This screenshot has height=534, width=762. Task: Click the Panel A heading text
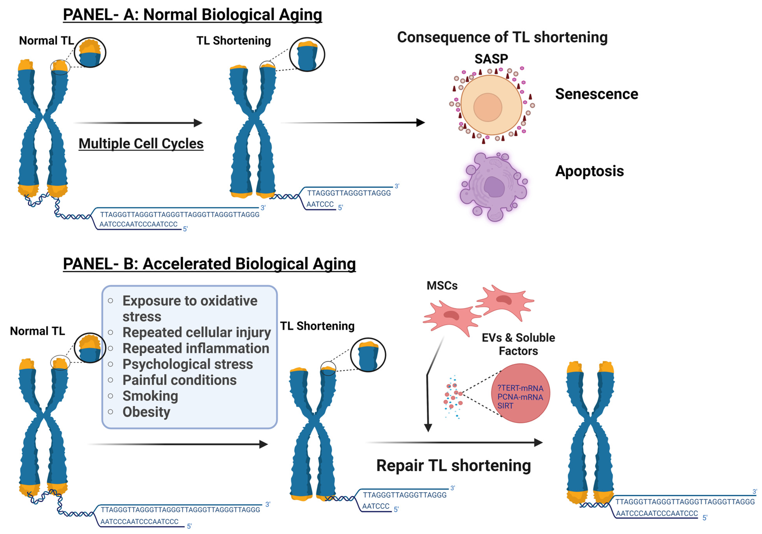point(192,15)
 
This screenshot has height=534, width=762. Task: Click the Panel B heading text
point(209,264)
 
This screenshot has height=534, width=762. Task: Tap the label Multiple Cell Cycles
point(141,144)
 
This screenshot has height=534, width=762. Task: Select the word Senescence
point(596,94)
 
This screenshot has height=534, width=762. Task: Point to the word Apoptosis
point(589,171)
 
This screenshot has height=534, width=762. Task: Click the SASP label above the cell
point(491,59)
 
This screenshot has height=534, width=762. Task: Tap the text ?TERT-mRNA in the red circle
point(520,388)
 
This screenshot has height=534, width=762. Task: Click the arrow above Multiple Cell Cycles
point(138,123)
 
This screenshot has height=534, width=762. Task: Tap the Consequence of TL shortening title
point(502,37)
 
